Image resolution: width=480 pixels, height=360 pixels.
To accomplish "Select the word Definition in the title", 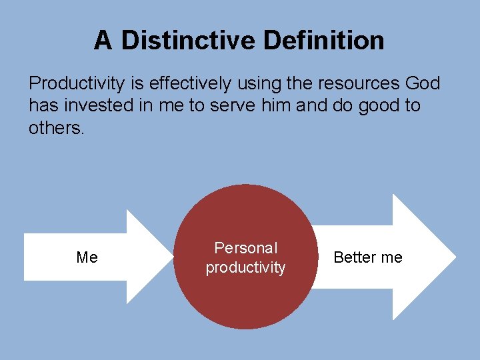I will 324,41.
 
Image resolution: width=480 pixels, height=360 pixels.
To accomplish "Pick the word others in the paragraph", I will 56,127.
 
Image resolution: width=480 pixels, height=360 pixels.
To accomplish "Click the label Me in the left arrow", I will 87,257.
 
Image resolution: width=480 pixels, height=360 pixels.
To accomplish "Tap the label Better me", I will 368,257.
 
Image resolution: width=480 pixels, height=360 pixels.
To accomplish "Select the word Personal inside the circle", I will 245,248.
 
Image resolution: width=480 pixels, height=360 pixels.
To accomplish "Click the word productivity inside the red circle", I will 245,267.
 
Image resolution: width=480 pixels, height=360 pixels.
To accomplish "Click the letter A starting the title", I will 103,41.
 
